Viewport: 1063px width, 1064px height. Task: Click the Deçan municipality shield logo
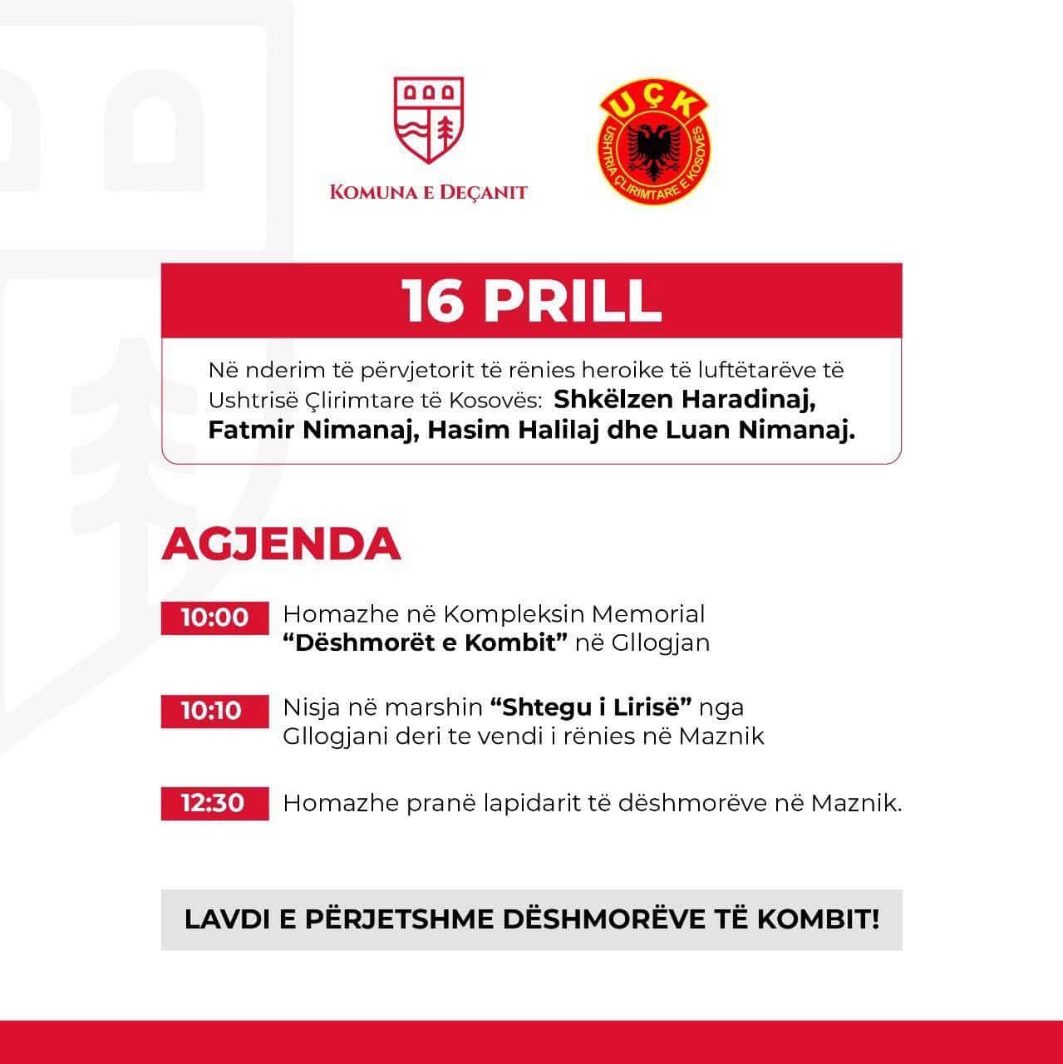(x=429, y=120)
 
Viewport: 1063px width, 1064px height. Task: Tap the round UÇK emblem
(x=654, y=140)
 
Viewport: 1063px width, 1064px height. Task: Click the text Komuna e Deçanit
(x=429, y=192)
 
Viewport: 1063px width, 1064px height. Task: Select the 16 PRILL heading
(x=531, y=300)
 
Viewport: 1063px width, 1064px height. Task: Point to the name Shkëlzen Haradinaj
(x=685, y=399)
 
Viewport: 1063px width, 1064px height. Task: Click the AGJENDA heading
(x=281, y=544)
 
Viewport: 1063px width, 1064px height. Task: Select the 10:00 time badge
(x=214, y=618)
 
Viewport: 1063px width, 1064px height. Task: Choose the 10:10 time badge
(x=214, y=711)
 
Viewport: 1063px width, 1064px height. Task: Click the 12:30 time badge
(x=214, y=803)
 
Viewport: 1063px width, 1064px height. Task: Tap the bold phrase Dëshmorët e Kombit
(x=426, y=643)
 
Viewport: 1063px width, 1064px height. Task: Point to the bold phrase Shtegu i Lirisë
(x=591, y=707)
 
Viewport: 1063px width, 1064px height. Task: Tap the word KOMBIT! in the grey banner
(x=818, y=919)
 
